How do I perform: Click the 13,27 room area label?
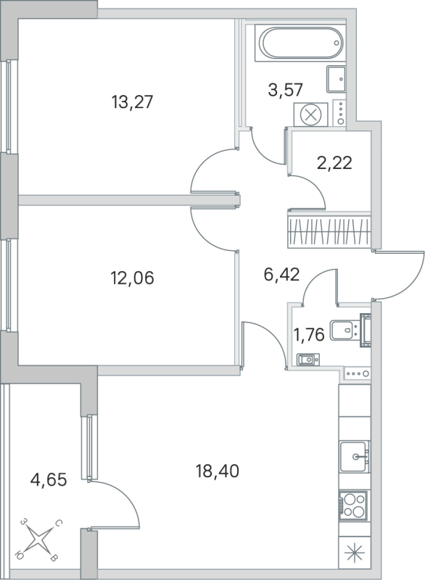(x=132, y=102)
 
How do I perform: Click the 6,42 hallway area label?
(x=281, y=273)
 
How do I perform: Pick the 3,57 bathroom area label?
(x=284, y=91)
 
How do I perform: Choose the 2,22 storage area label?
(x=334, y=162)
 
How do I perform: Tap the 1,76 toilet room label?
(x=308, y=334)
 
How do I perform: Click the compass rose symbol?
(x=41, y=540)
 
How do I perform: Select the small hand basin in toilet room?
(x=308, y=357)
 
